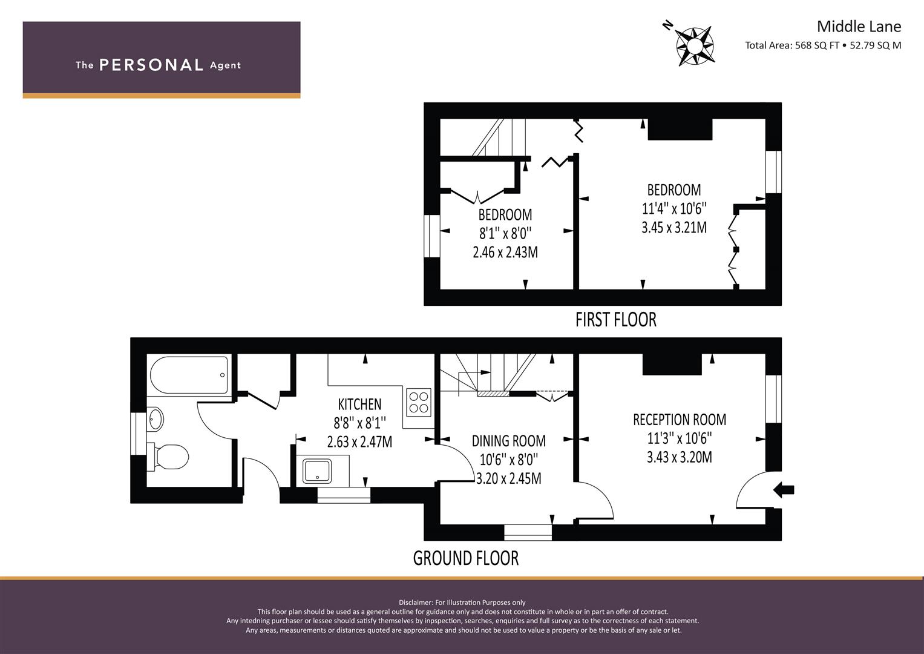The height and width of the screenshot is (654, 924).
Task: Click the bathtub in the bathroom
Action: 189,375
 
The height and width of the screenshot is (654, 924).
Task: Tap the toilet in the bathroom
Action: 168,457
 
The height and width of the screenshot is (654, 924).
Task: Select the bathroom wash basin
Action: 155,419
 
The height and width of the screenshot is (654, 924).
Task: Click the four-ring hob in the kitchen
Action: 418,402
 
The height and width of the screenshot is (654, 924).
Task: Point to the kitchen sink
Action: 317,471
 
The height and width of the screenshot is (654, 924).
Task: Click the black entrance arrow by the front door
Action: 784,490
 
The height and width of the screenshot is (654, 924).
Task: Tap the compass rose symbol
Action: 695,45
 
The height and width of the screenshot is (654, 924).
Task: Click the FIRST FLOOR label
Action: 616,320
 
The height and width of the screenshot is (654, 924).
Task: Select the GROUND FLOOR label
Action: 466,558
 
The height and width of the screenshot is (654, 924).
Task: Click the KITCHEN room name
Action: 359,404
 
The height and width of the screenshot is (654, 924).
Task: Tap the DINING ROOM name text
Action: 509,441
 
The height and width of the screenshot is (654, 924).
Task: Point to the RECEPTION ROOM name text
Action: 680,420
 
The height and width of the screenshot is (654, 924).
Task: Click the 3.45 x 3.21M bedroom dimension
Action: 674,228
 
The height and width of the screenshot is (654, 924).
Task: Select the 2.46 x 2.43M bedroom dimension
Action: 505,253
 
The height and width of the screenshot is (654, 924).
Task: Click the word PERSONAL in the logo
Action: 151,65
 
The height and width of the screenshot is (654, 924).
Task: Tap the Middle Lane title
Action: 859,27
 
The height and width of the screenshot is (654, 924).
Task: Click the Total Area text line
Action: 823,45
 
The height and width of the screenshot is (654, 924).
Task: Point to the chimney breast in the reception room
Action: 672,365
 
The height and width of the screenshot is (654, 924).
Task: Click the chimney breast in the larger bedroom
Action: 680,129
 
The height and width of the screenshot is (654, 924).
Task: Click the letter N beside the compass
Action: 667,25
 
